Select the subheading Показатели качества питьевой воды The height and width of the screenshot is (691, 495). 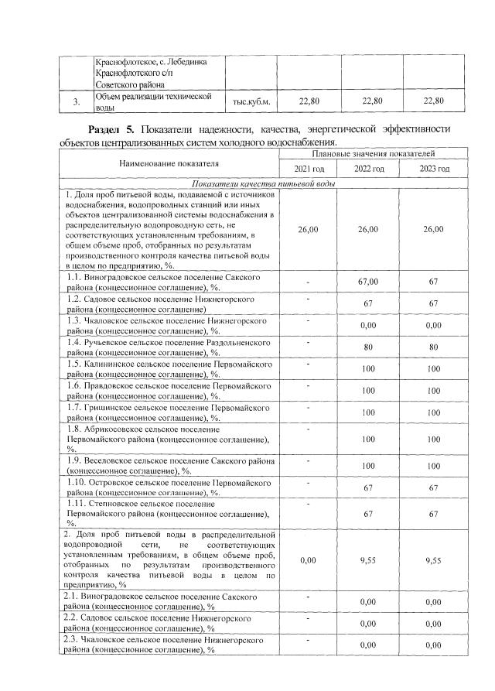point(263,183)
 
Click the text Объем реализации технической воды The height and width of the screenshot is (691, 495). point(152,101)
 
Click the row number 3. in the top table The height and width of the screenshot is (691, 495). point(76,101)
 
